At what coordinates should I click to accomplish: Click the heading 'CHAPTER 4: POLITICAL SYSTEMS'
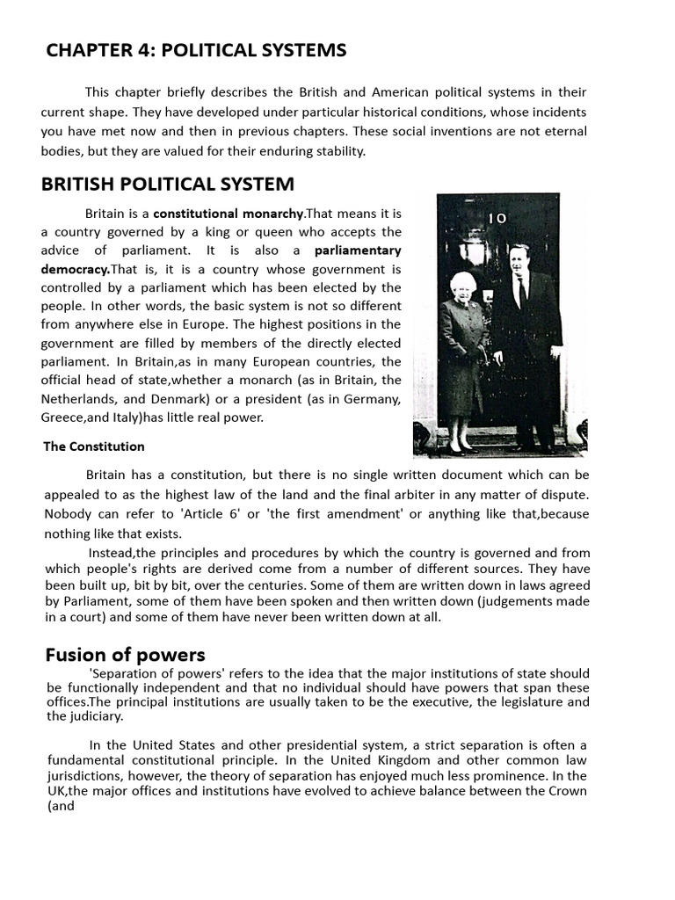click(x=196, y=51)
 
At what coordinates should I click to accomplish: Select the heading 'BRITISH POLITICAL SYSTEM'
click(x=168, y=185)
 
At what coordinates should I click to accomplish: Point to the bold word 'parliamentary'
click(x=358, y=250)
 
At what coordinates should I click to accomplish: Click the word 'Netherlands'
click(x=77, y=399)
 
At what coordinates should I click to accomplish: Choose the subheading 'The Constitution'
click(x=94, y=446)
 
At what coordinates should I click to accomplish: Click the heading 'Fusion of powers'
click(x=125, y=655)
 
